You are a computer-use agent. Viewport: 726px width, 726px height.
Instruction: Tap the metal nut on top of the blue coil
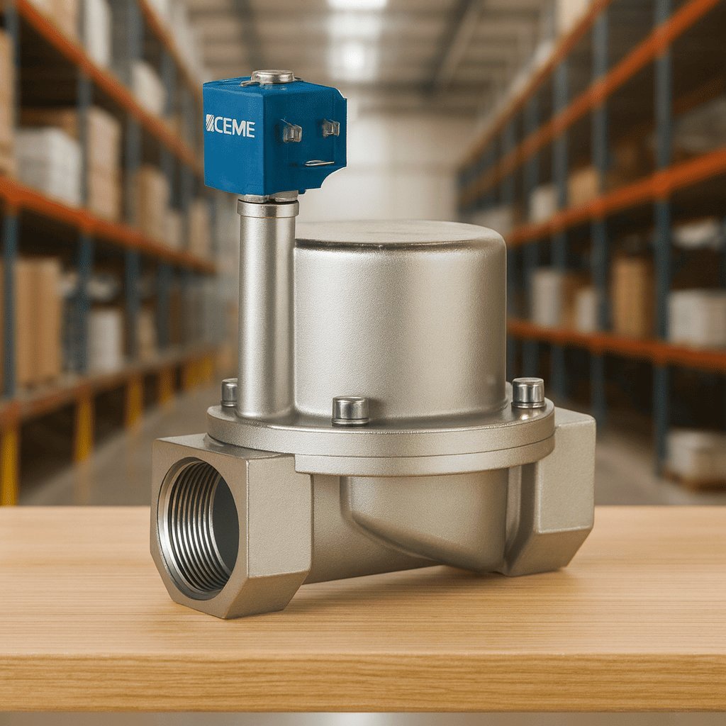click(x=272, y=77)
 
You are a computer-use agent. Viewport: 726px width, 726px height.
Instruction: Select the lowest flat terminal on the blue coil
click(x=319, y=163)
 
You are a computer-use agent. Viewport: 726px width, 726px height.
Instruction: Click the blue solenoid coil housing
click(x=274, y=137)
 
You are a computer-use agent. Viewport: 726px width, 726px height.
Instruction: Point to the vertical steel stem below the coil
click(x=267, y=306)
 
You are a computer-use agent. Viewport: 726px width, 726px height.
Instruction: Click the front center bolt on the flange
click(x=350, y=411)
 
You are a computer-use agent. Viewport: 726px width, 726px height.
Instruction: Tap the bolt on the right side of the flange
click(x=528, y=393)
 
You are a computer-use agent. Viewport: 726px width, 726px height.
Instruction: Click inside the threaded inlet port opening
click(x=199, y=527)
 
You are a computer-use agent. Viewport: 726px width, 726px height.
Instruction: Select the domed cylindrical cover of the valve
click(x=401, y=320)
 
